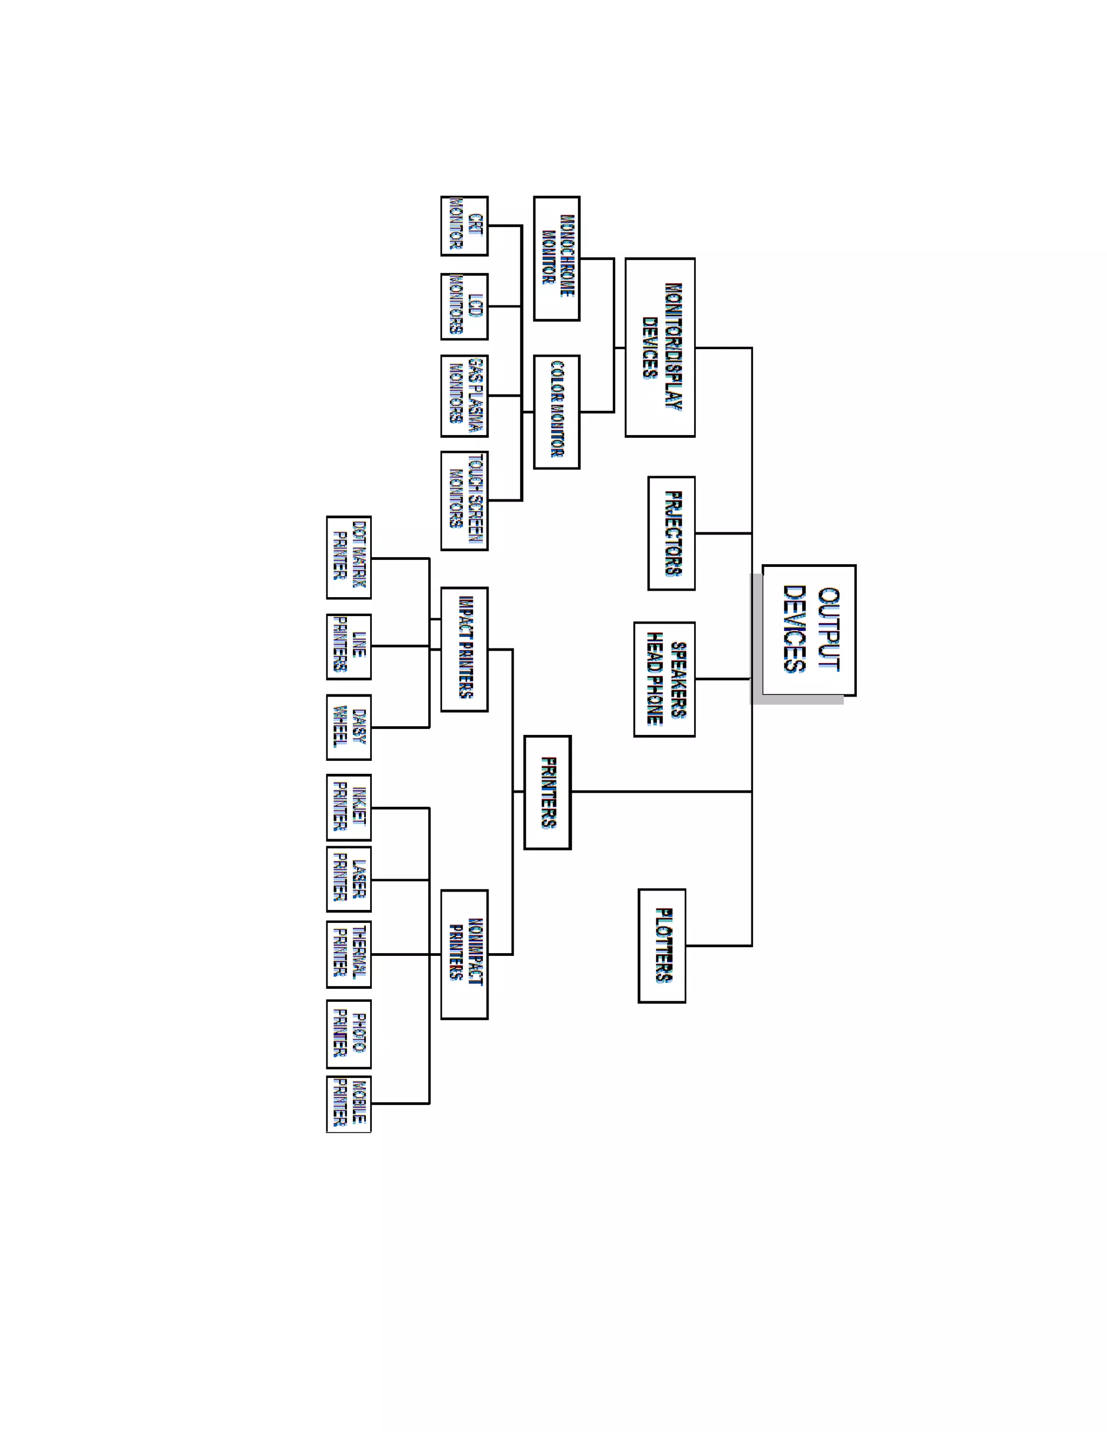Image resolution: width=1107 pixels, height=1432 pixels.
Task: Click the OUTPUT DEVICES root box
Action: [x=809, y=630]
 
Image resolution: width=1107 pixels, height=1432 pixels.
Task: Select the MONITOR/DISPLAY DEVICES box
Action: [x=660, y=347]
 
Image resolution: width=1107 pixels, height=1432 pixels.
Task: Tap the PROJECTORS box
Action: [x=671, y=533]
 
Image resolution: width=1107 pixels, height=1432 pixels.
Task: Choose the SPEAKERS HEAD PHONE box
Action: [x=664, y=679]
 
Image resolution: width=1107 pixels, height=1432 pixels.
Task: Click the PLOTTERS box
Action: [x=662, y=946]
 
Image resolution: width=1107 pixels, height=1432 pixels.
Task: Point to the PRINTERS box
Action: [x=548, y=792]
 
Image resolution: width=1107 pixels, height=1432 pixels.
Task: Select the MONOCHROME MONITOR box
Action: [x=556, y=258]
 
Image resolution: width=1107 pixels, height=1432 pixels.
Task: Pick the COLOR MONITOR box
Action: [x=556, y=412]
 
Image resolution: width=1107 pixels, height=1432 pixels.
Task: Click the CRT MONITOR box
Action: [x=464, y=225]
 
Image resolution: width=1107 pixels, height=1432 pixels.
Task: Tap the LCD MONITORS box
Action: [x=464, y=306]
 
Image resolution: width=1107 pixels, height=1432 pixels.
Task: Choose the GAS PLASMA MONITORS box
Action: [x=464, y=396]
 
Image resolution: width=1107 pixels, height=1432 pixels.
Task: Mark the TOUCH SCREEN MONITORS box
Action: [x=464, y=500]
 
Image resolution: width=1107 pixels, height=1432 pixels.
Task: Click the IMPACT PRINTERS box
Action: [x=464, y=649]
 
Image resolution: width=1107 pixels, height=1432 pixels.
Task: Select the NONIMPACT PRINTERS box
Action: [x=464, y=954]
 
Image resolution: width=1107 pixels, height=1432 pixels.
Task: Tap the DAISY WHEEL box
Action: [x=349, y=727]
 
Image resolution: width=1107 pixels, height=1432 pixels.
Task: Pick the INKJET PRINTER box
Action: [x=349, y=808]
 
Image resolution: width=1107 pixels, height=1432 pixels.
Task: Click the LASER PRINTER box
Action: [x=349, y=879]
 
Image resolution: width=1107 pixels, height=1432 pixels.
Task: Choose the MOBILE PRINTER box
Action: [x=349, y=1103]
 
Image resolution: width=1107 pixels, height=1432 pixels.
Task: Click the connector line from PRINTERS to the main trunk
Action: [x=661, y=792]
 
